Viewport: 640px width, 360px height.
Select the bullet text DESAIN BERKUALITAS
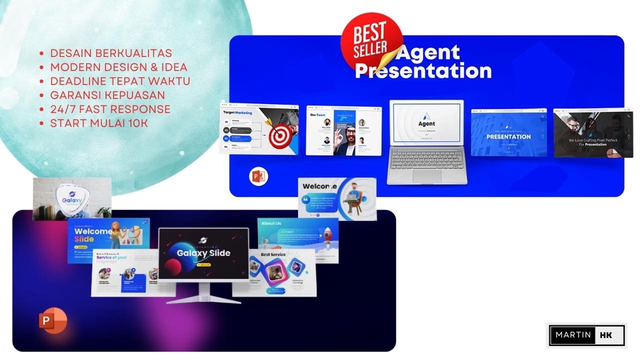111,53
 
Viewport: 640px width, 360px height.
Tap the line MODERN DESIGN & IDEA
118,67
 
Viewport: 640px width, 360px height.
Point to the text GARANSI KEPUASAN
107,95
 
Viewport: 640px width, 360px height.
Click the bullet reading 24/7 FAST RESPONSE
110,109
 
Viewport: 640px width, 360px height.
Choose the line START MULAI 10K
99,123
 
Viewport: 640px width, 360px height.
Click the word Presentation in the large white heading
423,71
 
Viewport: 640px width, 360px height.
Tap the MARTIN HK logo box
587,335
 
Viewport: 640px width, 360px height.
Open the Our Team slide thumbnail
343,131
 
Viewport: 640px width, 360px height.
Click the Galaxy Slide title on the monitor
203,253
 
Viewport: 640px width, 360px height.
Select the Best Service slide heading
274,255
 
